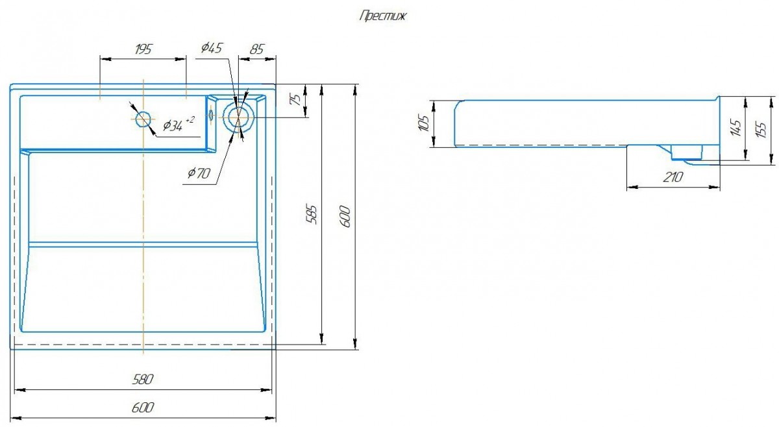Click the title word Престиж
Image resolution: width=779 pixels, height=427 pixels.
click(382, 16)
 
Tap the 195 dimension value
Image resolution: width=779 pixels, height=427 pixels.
click(143, 49)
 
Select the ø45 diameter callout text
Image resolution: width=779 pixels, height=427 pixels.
click(212, 47)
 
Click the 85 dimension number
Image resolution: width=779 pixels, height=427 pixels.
click(256, 49)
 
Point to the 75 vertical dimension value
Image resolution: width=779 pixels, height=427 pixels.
click(295, 100)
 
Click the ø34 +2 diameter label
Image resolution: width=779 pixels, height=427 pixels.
click(179, 124)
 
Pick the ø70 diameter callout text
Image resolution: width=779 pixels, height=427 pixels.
click(199, 173)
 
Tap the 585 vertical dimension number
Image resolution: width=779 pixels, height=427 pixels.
click(312, 215)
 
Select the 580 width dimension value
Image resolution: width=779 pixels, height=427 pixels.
click(143, 379)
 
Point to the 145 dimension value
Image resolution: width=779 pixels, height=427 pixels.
click(736, 127)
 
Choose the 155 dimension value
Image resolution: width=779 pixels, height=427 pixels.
click(761, 130)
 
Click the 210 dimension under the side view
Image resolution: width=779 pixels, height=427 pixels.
click(673, 177)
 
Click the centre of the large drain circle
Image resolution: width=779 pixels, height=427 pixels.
click(238, 117)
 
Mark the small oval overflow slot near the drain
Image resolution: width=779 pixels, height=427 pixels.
click(211, 114)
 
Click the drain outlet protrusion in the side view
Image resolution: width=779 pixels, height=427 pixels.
click(687, 153)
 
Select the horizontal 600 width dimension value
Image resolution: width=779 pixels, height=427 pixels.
click(143, 408)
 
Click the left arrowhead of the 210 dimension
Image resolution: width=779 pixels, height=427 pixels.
click(632, 188)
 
